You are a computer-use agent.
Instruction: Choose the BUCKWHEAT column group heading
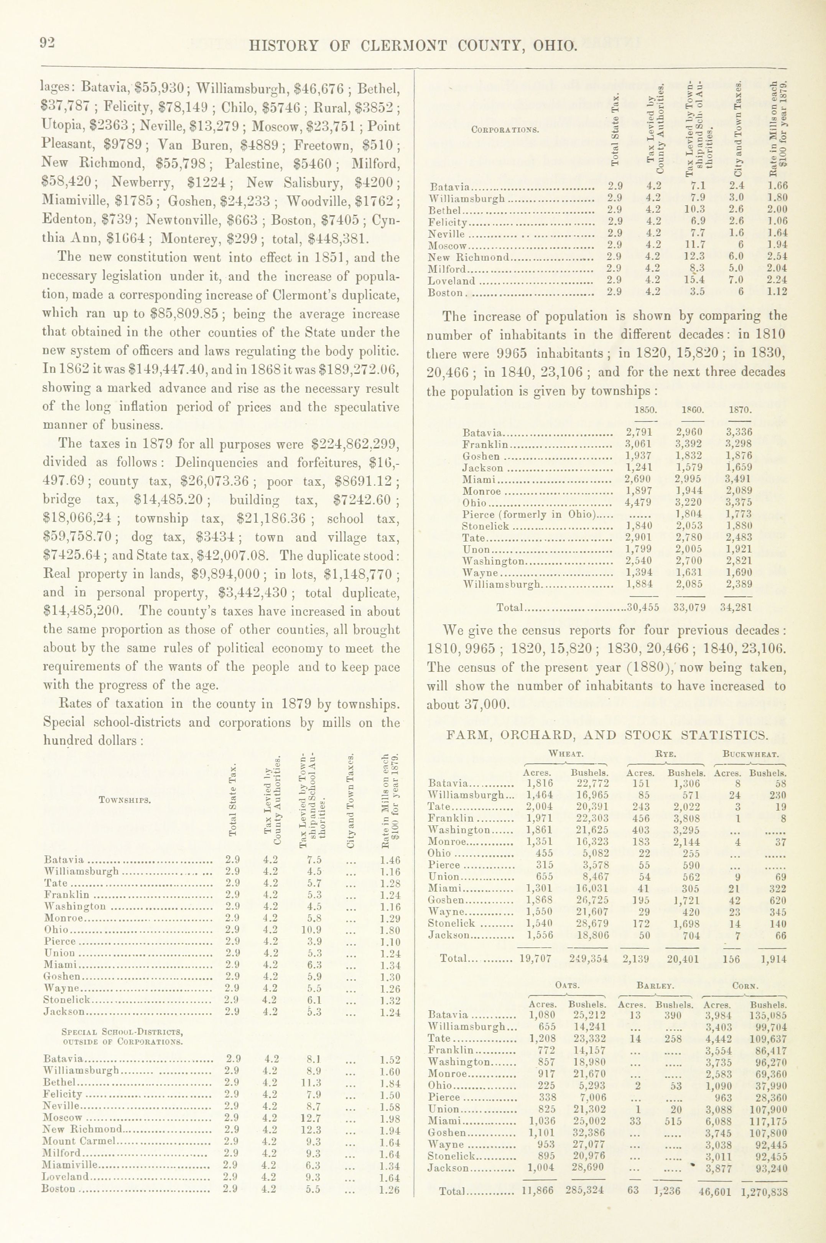point(751,754)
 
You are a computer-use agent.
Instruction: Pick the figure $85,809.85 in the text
point(184,314)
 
